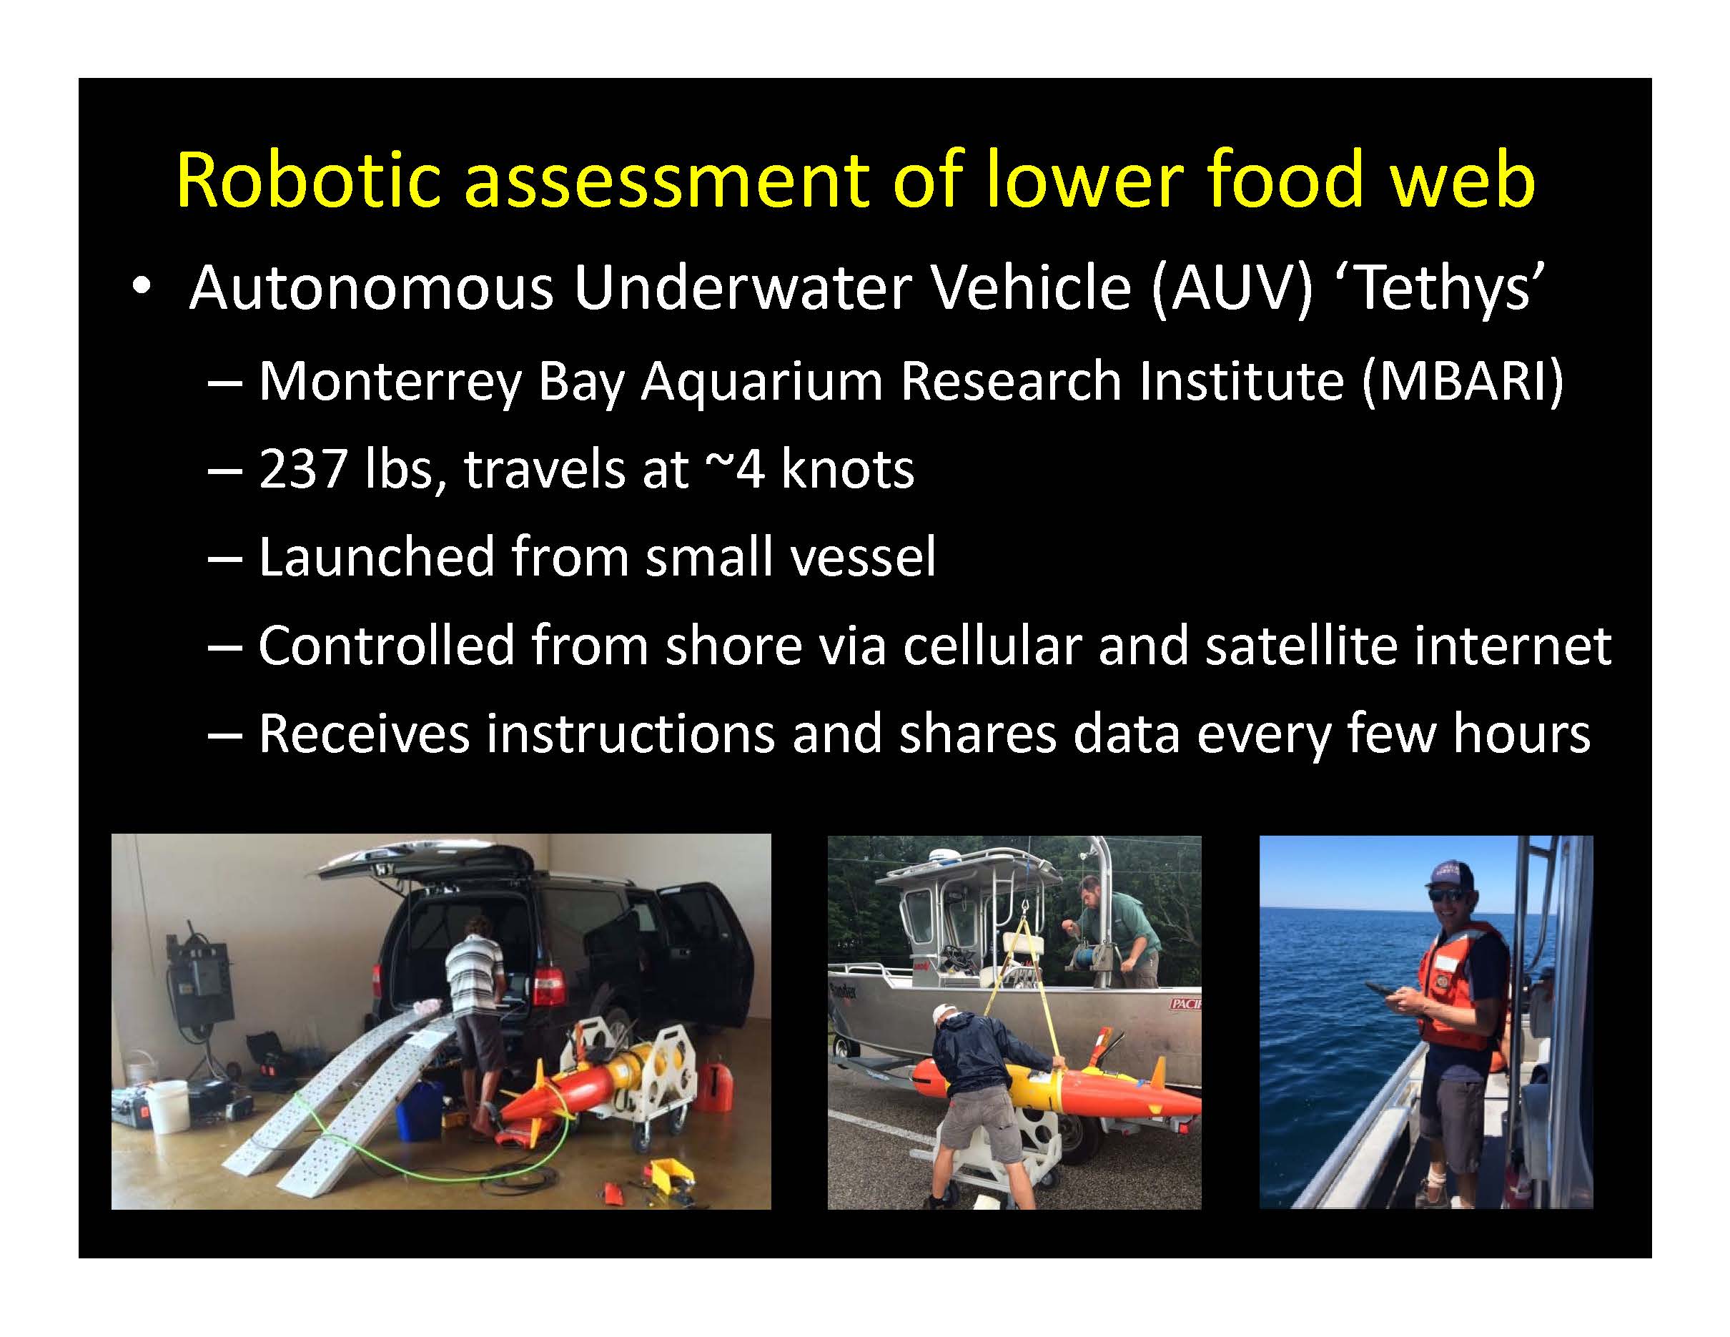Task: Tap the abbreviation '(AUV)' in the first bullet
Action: (x=1232, y=287)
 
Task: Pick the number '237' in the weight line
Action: (x=302, y=469)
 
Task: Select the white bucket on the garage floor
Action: (x=168, y=1106)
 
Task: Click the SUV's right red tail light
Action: (x=548, y=987)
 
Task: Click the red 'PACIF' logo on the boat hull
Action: (x=1186, y=1005)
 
